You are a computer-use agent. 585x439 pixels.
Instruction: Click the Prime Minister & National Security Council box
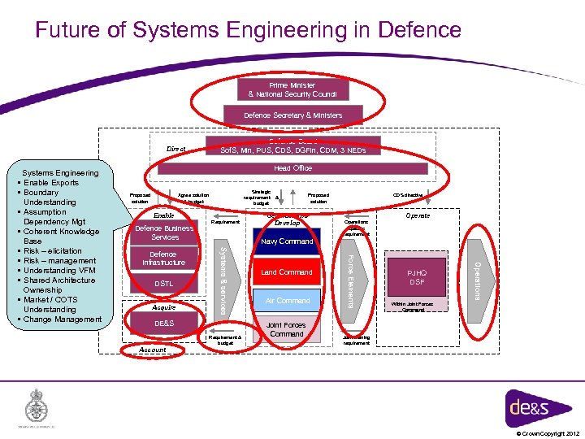(292, 89)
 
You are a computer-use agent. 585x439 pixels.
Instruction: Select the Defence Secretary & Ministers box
(292, 115)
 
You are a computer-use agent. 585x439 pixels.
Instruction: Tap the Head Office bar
(292, 168)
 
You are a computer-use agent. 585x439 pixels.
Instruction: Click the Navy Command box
(286, 241)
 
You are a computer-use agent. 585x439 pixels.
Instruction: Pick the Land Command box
(286, 272)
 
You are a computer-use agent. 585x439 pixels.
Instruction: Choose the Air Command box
(288, 301)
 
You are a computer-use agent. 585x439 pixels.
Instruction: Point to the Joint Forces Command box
(286, 329)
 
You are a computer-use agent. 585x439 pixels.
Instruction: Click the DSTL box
(164, 284)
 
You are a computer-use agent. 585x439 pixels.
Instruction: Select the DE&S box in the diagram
(164, 324)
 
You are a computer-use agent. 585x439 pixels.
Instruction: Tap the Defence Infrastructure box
(164, 259)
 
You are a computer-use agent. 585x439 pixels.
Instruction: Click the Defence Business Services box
(164, 233)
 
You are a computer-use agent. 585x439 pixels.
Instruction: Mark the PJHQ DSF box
(416, 277)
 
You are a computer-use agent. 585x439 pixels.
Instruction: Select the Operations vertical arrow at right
(479, 278)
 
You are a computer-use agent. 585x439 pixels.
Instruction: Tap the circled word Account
(153, 350)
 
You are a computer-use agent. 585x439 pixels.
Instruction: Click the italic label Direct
(176, 150)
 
